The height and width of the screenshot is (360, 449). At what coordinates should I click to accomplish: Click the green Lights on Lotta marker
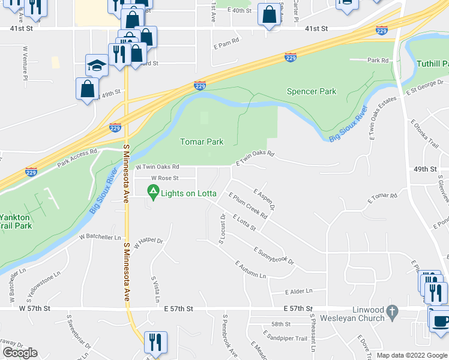click(153, 193)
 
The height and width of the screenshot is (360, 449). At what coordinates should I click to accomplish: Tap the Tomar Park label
click(202, 142)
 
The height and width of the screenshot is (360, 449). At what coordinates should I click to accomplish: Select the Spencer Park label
click(312, 91)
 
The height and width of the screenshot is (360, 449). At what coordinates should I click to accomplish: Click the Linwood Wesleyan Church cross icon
click(392, 311)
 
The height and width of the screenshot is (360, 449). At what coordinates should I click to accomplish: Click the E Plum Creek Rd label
click(247, 205)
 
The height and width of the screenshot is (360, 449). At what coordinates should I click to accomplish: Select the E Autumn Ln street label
click(250, 269)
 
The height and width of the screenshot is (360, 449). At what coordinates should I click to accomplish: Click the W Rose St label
click(164, 178)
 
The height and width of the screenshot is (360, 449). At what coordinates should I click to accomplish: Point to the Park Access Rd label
click(77, 157)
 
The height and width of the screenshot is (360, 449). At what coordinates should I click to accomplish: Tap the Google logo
click(20, 352)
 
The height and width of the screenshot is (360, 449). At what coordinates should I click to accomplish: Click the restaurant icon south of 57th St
click(155, 343)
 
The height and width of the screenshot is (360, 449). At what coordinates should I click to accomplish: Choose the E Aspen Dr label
click(264, 199)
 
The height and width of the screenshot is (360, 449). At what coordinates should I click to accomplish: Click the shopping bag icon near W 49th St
click(88, 89)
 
